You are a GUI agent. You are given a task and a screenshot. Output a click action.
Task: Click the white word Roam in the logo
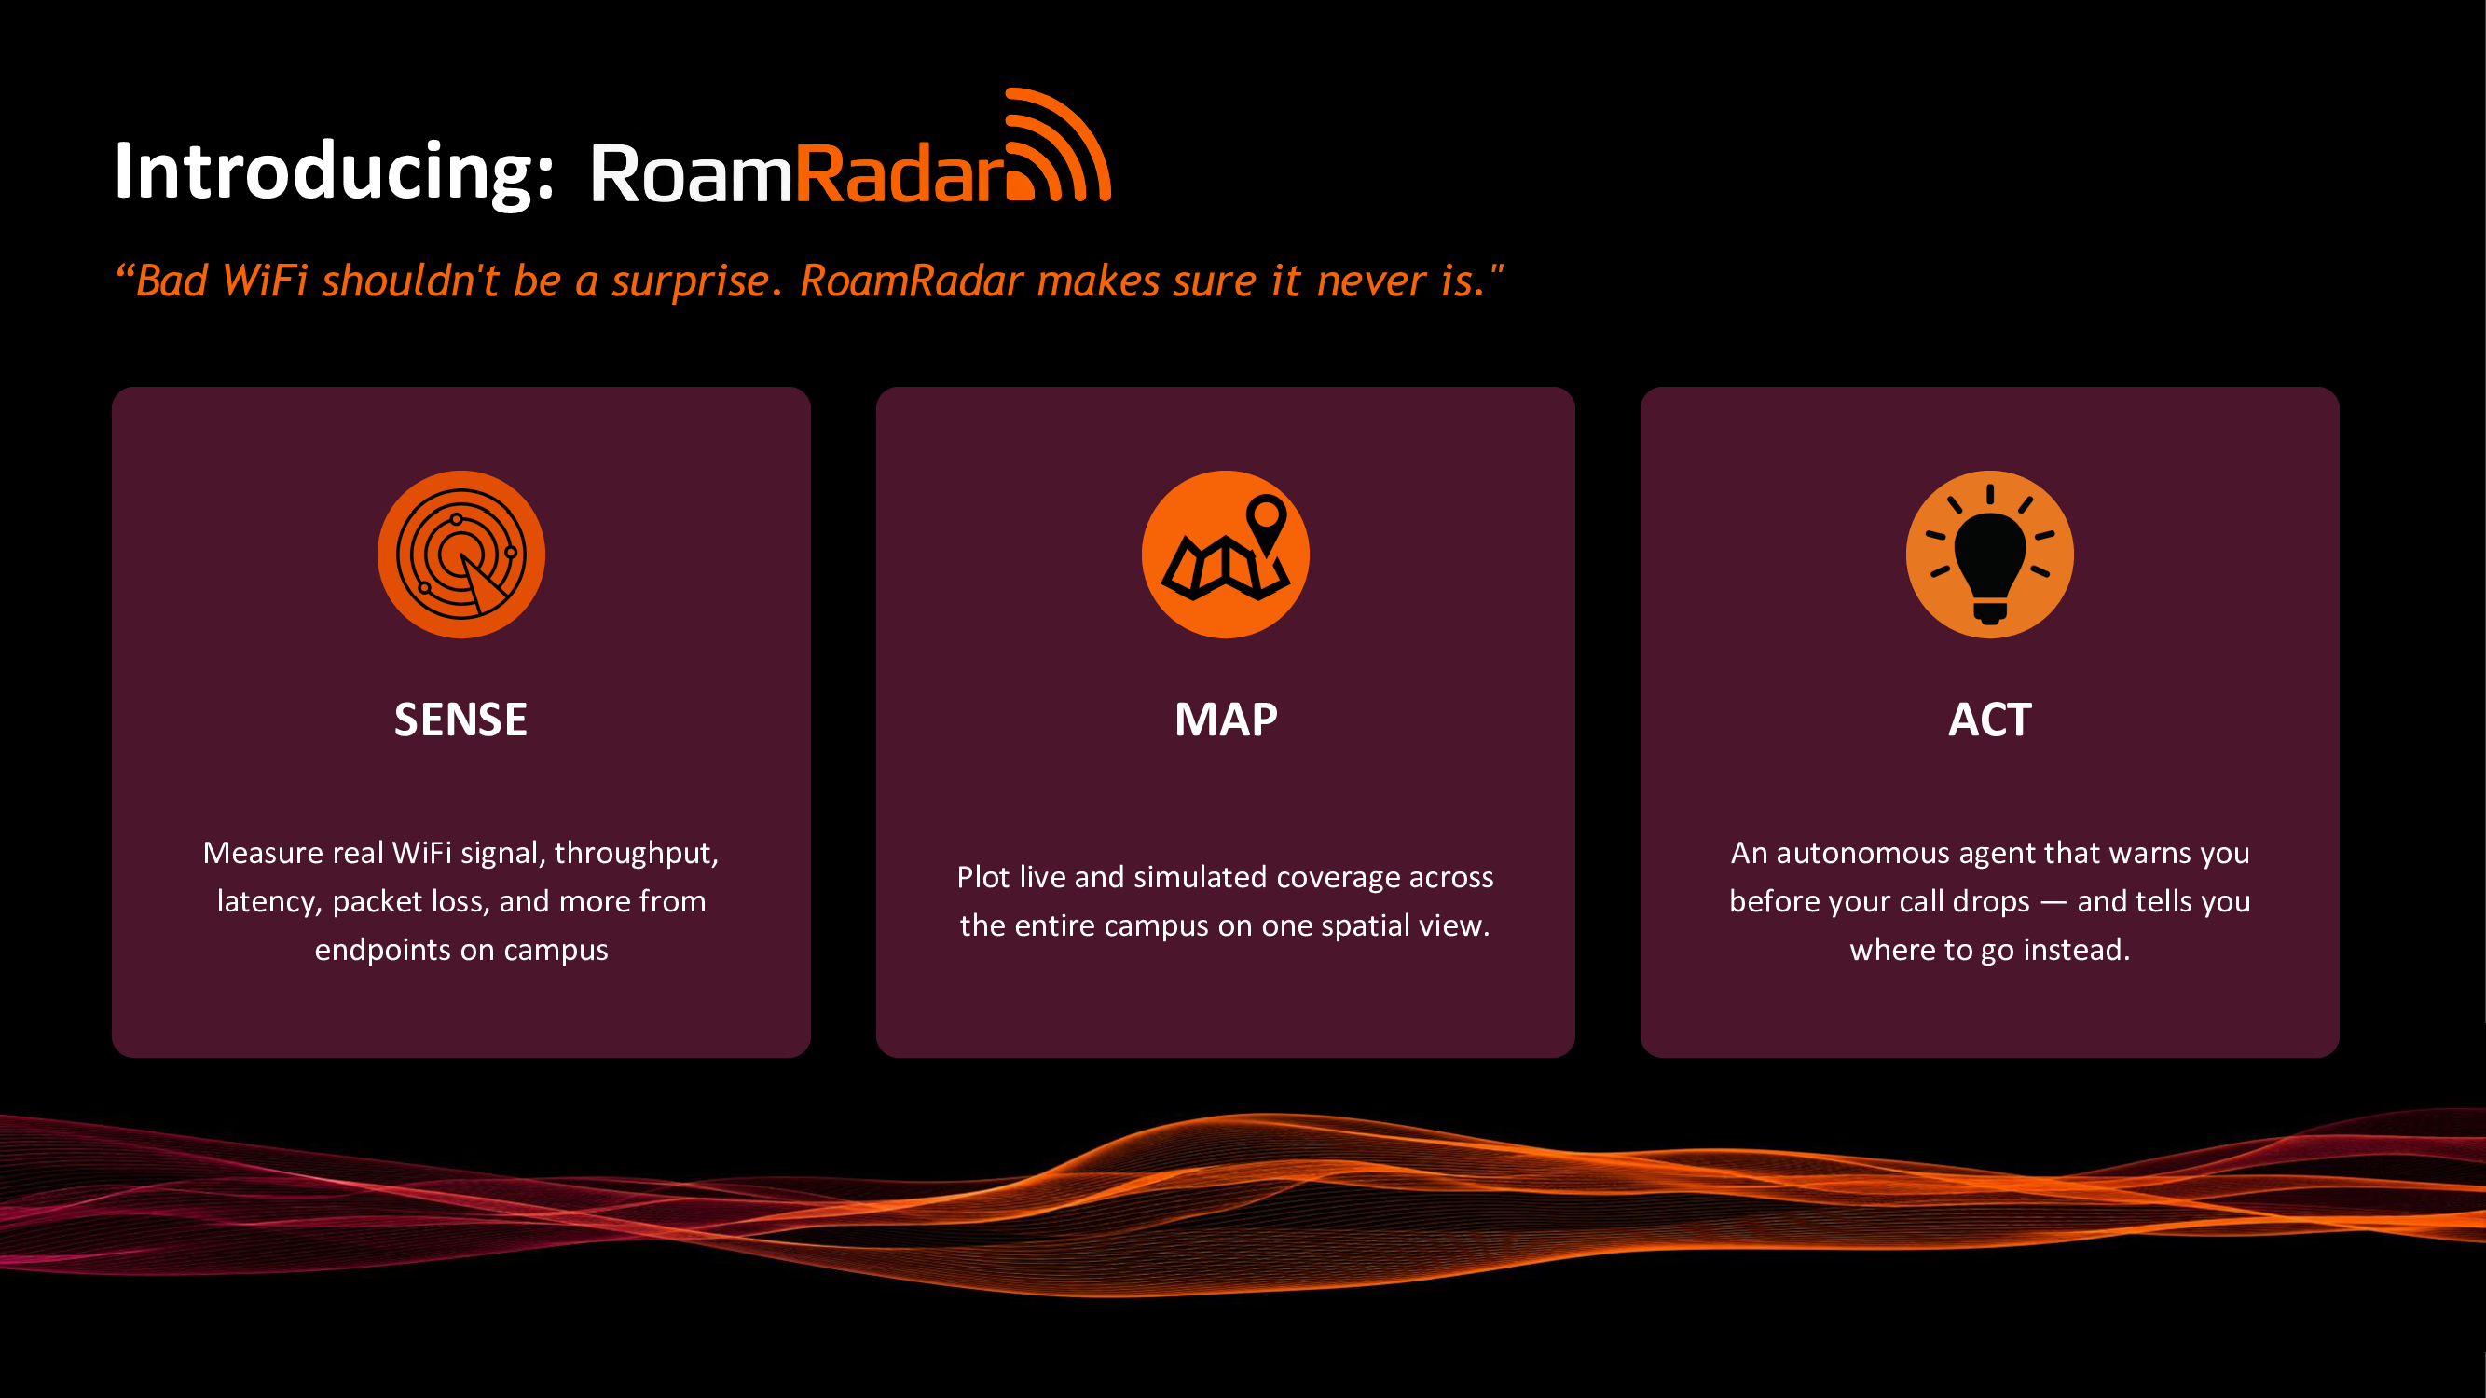[x=691, y=173]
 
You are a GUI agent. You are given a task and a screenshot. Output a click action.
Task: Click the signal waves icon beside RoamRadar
[x=1058, y=144]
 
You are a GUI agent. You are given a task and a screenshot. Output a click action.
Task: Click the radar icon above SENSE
[x=461, y=555]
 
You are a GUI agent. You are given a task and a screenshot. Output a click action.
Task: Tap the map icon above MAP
[x=1226, y=555]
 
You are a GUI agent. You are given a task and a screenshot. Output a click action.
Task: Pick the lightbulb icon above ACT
[x=1990, y=555]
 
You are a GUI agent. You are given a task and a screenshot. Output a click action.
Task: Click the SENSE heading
[x=461, y=720]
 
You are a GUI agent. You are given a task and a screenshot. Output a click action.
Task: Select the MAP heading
[x=1226, y=720]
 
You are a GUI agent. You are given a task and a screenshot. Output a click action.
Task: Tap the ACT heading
[x=1990, y=720]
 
